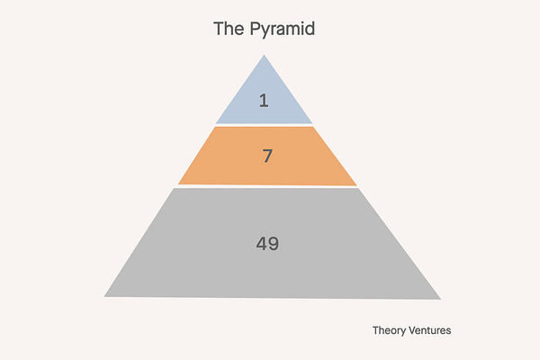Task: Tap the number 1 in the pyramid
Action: coord(264,101)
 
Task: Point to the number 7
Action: coord(267,156)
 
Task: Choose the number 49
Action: coord(267,243)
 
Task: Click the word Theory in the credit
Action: coord(390,330)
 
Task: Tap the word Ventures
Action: coord(430,330)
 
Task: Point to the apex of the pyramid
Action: coord(264,56)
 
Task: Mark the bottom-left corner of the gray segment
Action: coord(105,295)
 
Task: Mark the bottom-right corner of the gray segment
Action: coord(440,298)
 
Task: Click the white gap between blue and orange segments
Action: coord(264,125)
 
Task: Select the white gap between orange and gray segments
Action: coord(267,186)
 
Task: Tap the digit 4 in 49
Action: coord(261,243)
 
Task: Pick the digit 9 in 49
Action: coord(274,243)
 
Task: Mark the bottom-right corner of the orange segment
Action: coord(356,184)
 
